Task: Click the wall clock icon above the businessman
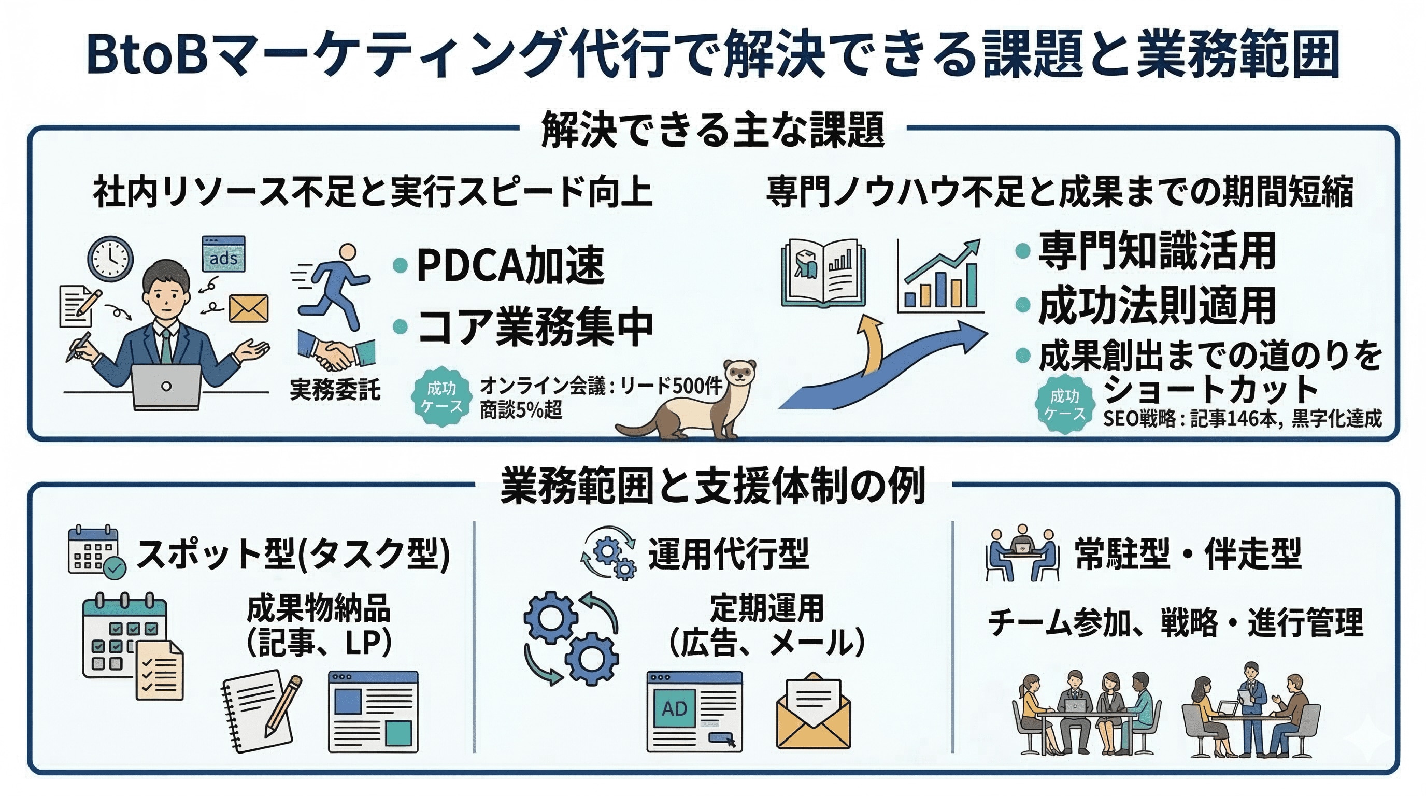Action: (x=110, y=258)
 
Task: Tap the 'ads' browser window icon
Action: (x=223, y=254)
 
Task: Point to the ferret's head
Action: (x=740, y=372)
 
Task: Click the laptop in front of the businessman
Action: (x=166, y=387)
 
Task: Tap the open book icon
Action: (x=823, y=273)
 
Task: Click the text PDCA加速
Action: (x=510, y=266)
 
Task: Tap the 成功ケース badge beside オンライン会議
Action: (x=441, y=397)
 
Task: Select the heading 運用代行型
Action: (x=729, y=553)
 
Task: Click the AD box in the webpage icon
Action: (x=674, y=708)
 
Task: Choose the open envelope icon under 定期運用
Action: (x=813, y=712)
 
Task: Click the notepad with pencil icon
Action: (x=262, y=709)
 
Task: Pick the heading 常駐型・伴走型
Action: (x=1188, y=553)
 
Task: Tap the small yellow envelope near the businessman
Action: (x=249, y=308)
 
